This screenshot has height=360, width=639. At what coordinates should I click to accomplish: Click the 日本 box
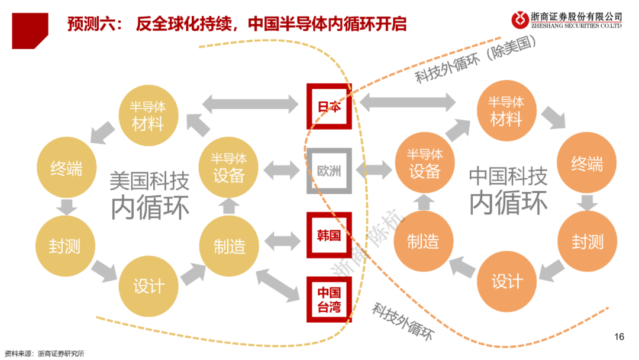point(329,107)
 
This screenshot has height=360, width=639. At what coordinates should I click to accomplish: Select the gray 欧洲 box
point(329,171)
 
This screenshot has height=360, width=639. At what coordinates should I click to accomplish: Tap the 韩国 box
point(329,235)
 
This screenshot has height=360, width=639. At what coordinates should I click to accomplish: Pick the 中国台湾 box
point(329,300)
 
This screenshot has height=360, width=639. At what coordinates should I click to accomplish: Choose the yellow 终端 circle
point(65,169)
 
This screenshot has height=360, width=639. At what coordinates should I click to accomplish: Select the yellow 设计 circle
point(148,286)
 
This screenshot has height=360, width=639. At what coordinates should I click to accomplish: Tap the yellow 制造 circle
point(229,245)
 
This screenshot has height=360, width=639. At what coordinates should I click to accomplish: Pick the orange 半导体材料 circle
point(506,111)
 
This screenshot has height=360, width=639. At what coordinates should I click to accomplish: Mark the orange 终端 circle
point(587,163)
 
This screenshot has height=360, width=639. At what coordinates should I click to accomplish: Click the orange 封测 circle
point(587,240)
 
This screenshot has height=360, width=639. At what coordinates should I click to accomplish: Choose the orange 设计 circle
point(506,281)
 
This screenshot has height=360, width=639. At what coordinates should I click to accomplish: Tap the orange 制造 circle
point(424,240)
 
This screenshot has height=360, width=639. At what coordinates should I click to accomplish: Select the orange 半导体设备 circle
point(424,163)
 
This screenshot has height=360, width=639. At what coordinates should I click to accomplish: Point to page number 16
point(619,337)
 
